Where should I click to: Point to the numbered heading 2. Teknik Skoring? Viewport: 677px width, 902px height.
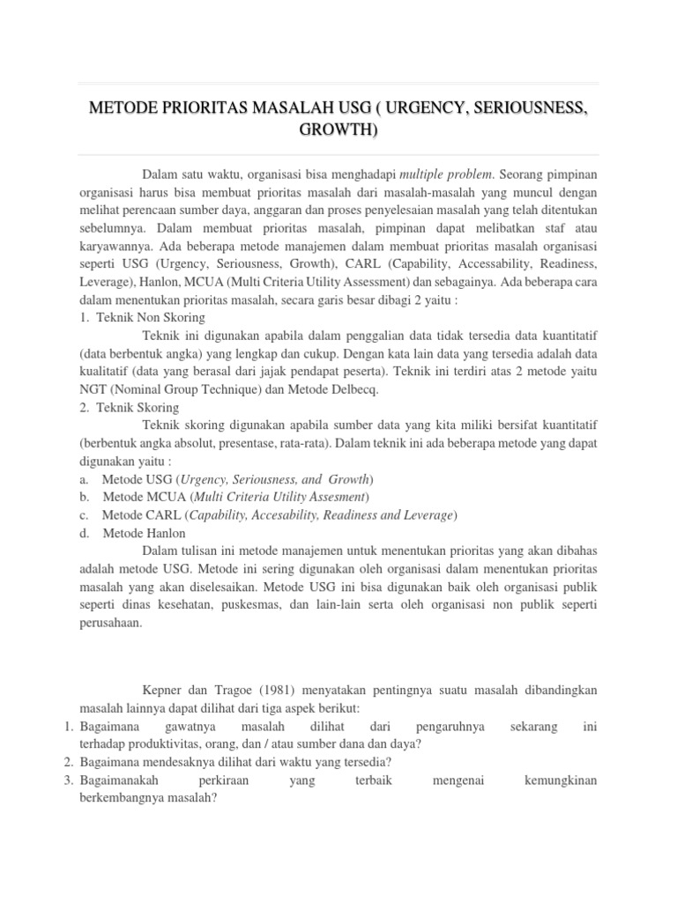(130, 407)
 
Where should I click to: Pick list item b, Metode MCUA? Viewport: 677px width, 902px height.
(234, 497)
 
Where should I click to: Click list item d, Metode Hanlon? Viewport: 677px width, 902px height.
(144, 533)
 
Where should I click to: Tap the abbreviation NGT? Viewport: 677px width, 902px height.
(93, 389)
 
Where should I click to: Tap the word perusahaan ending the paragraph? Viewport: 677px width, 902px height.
(110, 624)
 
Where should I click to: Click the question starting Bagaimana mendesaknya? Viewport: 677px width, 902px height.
(235, 761)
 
